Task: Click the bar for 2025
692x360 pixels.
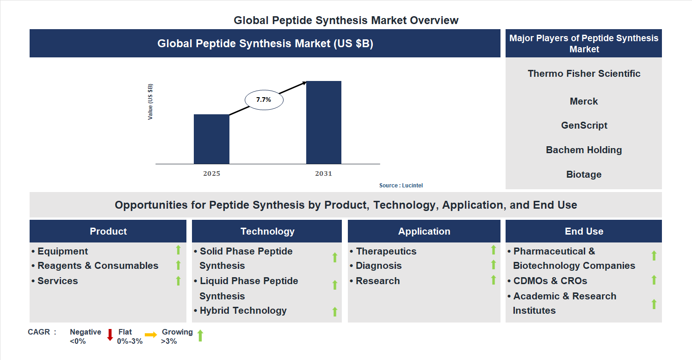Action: click(x=211, y=139)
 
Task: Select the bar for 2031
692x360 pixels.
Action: click(x=324, y=123)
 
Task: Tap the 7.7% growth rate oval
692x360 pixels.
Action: click(x=264, y=99)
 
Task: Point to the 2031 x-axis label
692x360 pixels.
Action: click(x=323, y=174)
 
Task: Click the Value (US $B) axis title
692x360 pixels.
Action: click(x=150, y=102)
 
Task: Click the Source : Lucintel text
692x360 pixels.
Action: click(x=401, y=186)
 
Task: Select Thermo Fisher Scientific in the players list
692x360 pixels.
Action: click(x=584, y=74)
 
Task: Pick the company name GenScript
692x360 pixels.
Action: click(x=584, y=125)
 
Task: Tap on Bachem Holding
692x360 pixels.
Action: click(x=584, y=150)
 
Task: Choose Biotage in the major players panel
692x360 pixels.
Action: click(x=584, y=174)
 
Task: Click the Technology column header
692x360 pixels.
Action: click(x=267, y=231)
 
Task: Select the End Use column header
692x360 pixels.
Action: click(x=584, y=231)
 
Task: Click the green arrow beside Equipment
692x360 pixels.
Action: click(x=178, y=250)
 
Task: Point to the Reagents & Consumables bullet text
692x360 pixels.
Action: click(x=98, y=266)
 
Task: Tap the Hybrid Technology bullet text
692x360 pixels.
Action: click(x=243, y=310)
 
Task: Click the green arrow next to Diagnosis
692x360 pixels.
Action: click(x=493, y=265)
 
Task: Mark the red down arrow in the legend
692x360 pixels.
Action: click(x=110, y=335)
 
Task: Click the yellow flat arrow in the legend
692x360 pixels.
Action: click(x=151, y=335)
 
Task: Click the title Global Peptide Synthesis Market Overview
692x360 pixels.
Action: click(x=346, y=20)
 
